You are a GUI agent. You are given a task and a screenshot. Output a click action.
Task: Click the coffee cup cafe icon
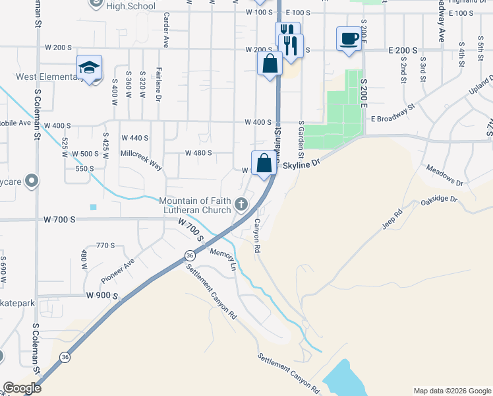point(348,38)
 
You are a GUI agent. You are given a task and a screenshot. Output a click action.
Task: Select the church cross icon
point(242,205)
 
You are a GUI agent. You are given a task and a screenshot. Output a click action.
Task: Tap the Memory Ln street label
point(223,259)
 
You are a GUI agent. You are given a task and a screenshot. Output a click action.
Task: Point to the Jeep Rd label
point(391,220)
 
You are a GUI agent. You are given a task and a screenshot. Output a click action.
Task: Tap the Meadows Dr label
point(445,175)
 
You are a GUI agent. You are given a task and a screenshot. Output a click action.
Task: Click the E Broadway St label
point(393,113)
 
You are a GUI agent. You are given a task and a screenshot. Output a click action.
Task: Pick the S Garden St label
point(301,139)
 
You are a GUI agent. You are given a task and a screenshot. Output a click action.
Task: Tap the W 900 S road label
point(101,295)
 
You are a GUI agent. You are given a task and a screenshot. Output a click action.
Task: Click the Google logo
point(22,388)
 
